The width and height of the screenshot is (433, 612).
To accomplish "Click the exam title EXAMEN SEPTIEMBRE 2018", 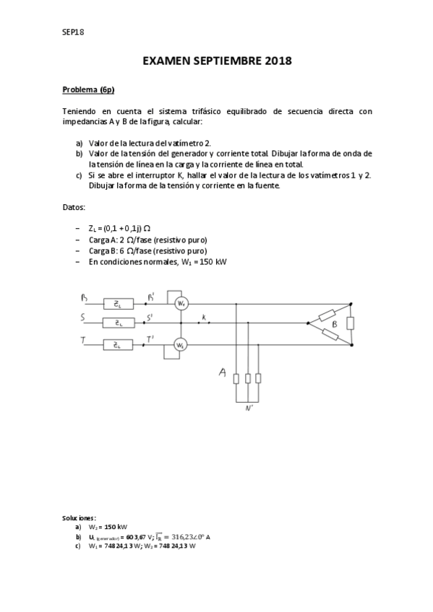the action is (217, 61).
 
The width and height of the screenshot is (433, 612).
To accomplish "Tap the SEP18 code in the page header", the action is (73, 32).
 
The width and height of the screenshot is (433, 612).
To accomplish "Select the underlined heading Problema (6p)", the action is (88, 89).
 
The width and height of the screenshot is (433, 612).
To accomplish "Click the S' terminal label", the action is (150, 317).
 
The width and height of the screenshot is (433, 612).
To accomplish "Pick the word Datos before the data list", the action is (74, 207).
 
